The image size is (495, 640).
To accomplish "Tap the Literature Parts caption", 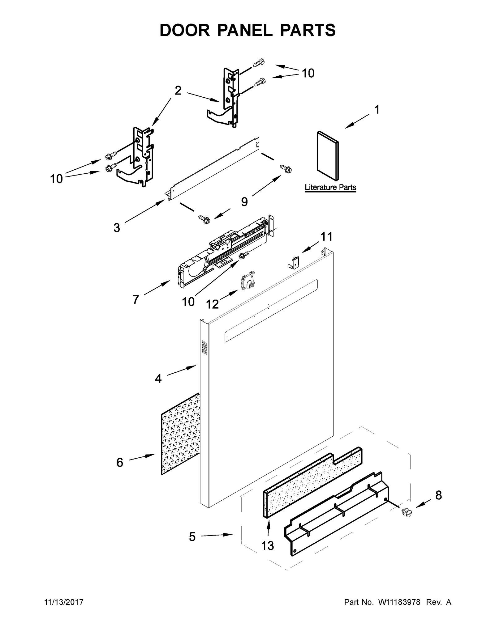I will (x=330, y=187).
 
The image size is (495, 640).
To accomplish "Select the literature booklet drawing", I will (x=328, y=155).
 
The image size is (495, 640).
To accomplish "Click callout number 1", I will (x=377, y=110).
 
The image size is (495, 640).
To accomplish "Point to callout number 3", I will (x=117, y=228).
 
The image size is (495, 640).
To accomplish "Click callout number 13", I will (x=267, y=546).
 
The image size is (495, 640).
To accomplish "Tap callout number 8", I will (x=438, y=495).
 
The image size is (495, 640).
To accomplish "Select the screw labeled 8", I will (x=406, y=512).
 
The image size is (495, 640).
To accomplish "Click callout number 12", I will (x=212, y=304).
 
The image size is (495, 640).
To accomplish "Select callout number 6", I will (x=120, y=462).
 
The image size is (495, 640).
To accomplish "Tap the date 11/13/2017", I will (x=64, y=602).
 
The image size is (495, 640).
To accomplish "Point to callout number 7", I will (x=136, y=299).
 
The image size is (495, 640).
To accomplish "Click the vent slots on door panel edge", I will (x=204, y=347).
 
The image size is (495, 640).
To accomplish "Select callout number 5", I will (x=192, y=537).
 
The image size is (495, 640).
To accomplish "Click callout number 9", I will (x=244, y=202).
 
